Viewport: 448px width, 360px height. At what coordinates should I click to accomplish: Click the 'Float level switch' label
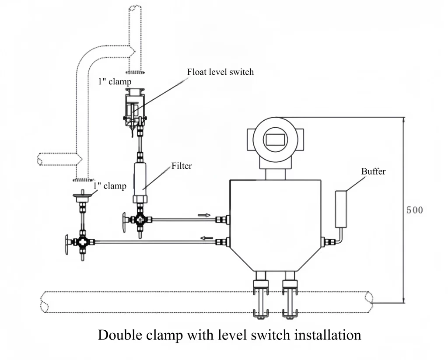pyautogui.click(x=220, y=72)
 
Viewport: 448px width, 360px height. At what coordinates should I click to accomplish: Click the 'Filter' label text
pyautogui.click(x=182, y=166)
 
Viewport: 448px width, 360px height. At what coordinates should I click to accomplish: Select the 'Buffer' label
pyautogui.click(x=373, y=171)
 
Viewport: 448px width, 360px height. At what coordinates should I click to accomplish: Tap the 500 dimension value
pyautogui.click(x=415, y=210)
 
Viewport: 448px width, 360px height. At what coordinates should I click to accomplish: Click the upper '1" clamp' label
pyautogui.click(x=115, y=81)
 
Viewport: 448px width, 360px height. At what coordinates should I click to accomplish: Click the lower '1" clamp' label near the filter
pyautogui.click(x=110, y=186)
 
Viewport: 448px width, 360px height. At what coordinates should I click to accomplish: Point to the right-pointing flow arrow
pyautogui.click(x=204, y=215)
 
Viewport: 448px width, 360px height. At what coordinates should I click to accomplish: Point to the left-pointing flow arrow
pyautogui.click(x=207, y=238)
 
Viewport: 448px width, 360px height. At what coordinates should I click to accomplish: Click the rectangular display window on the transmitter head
pyautogui.click(x=275, y=139)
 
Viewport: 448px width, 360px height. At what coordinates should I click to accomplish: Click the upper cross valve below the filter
pyautogui.click(x=140, y=220)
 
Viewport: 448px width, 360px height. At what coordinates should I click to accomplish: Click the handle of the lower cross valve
pyautogui.click(x=67, y=242)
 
